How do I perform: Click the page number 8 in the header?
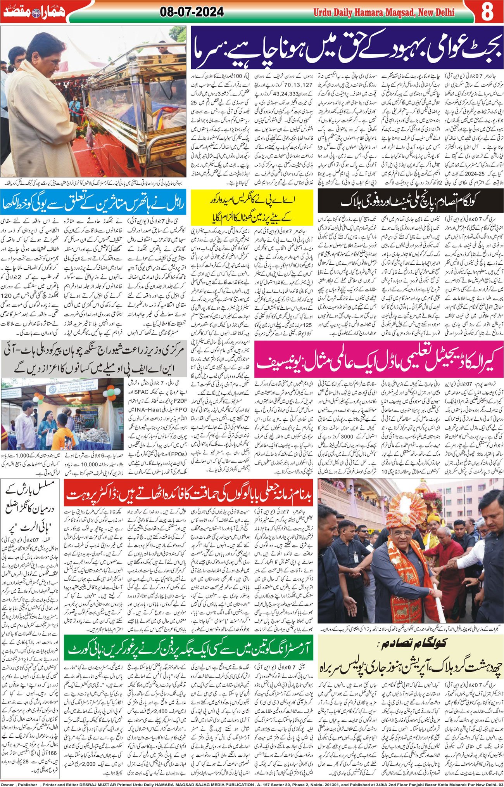[488, 12]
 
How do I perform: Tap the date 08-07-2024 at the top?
[192, 12]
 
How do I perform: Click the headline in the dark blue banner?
[346, 48]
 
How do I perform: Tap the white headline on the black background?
[410, 202]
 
